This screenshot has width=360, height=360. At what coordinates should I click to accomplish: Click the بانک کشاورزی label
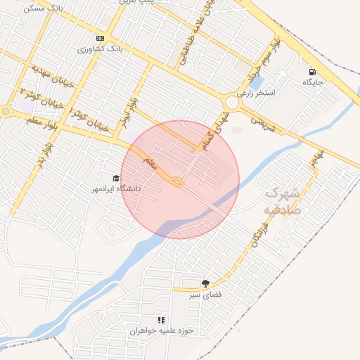coord(103,50)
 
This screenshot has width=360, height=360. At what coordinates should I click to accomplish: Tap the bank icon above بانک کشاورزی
coord(100,38)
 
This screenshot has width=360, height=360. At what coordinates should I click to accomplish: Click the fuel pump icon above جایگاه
coord(311,71)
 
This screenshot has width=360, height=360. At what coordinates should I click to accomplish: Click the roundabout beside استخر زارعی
coord(231,103)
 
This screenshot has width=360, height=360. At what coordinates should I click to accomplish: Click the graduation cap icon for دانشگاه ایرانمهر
coord(116,178)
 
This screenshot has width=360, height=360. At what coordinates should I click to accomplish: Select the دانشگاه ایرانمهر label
coord(117,189)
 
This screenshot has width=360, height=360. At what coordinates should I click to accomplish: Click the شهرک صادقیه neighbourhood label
coord(283,200)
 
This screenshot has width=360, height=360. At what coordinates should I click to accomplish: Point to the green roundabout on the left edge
coord(6,111)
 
